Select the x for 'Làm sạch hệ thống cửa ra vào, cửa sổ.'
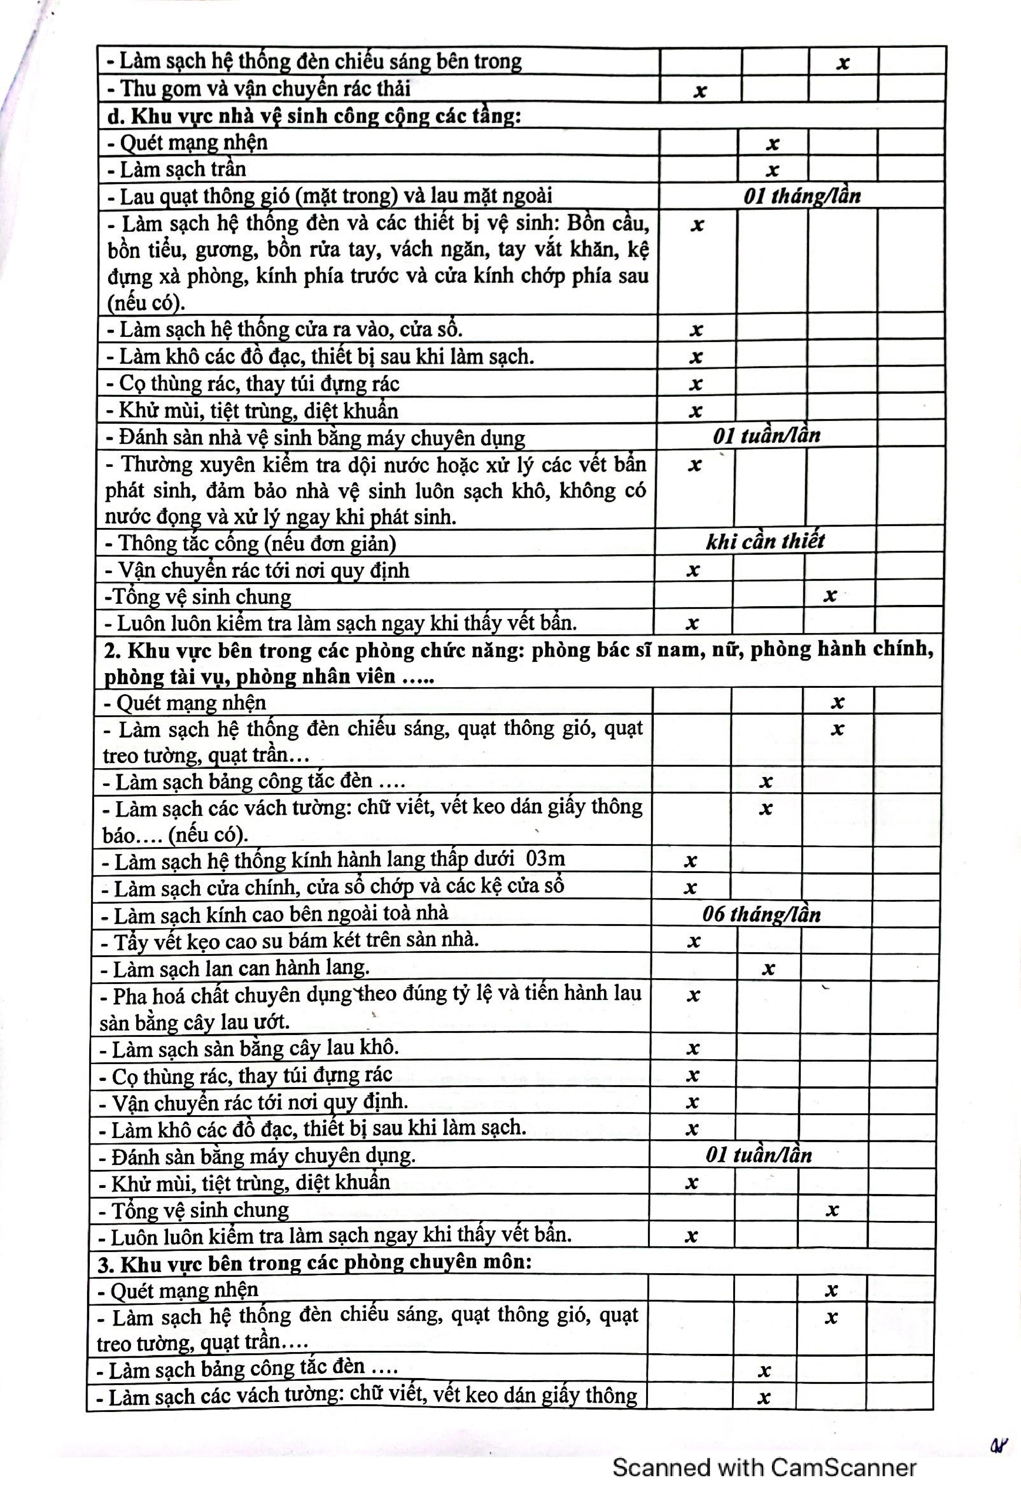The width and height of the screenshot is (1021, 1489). [696, 330]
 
